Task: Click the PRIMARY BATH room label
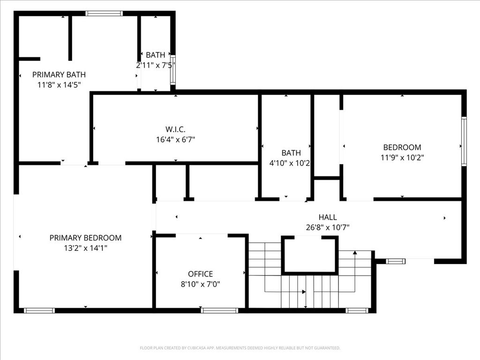click(x=59, y=75)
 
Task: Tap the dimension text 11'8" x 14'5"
click(x=59, y=85)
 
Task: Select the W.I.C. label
click(x=175, y=129)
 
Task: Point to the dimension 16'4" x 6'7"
click(x=175, y=140)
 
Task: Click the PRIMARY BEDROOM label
click(x=85, y=238)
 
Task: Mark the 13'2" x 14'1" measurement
click(x=85, y=248)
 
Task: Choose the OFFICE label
click(x=201, y=274)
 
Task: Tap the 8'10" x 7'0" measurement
click(x=201, y=284)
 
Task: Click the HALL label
click(x=328, y=217)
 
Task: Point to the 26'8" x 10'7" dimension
click(x=328, y=227)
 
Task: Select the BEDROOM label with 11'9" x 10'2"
click(x=402, y=147)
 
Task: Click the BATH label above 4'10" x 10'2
click(x=291, y=153)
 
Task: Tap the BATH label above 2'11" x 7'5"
click(x=155, y=55)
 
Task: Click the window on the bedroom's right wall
click(x=464, y=142)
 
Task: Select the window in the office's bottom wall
click(x=219, y=310)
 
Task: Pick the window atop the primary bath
click(x=104, y=14)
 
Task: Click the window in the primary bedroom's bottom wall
click(x=39, y=310)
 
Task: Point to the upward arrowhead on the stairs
click(x=355, y=253)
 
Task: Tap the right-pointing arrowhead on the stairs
click(x=304, y=292)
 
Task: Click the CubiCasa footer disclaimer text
click(x=240, y=348)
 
